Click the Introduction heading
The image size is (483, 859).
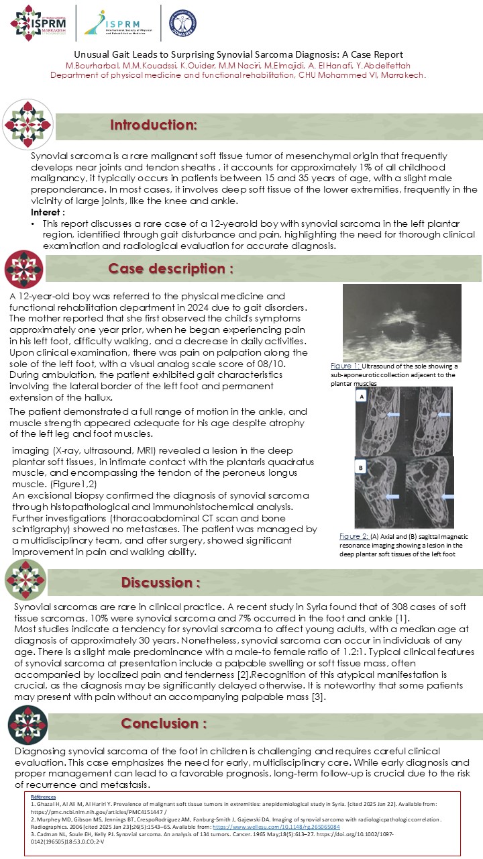pyautogui.click(x=154, y=125)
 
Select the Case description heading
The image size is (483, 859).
pyautogui.click(x=171, y=269)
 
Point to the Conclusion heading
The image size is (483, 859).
pyautogui.click(x=164, y=723)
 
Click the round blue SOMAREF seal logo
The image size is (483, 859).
pyautogui.click(x=182, y=22)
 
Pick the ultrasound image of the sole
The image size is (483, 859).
pyautogui.click(x=402, y=322)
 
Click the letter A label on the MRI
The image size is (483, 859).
pyautogui.click(x=362, y=396)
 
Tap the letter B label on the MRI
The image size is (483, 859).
pyautogui.click(x=362, y=466)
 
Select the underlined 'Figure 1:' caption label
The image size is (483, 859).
pyautogui.click(x=346, y=366)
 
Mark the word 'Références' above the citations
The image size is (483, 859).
pyautogui.click(x=44, y=796)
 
